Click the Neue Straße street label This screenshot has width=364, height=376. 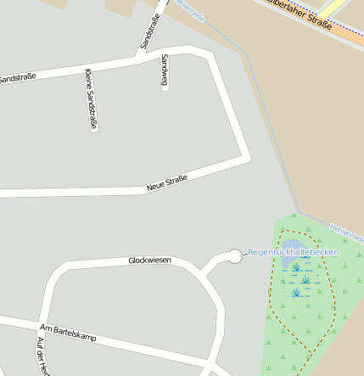click(x=166, y=182)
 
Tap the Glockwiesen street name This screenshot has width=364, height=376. click(x=149, y=260)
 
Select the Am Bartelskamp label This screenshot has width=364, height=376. click(x=68, y=332)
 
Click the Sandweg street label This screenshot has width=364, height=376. click(x=164, y=71)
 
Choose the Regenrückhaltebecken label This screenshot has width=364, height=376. click(x=294, y=252)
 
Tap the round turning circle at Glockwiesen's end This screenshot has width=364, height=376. click(x=235, y=255)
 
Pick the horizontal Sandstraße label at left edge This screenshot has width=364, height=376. click(x=17, y=78)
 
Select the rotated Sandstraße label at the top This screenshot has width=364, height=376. click(x=149, y=30)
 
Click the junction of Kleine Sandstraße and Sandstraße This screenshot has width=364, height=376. click(x=86, y=67)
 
